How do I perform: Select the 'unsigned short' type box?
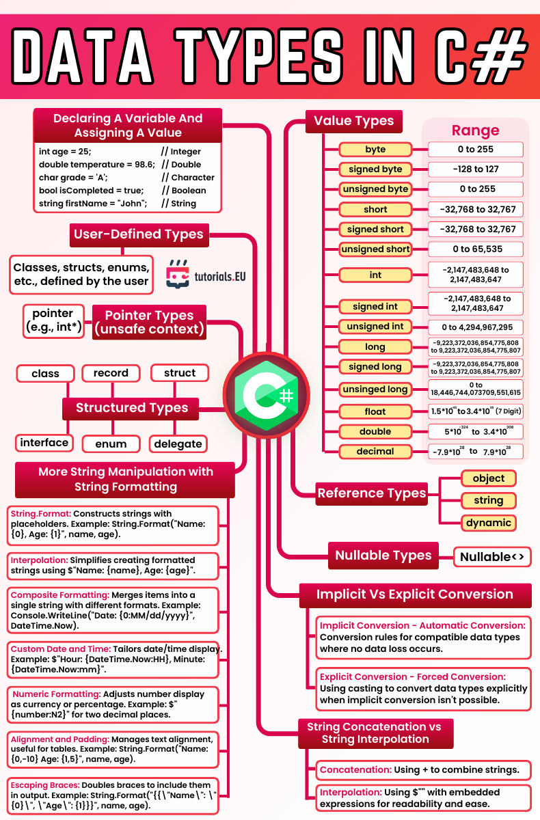point(375,249)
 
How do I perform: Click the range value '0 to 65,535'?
point(476,249)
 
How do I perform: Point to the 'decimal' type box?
point(375,451)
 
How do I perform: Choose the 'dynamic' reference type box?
point(488,523)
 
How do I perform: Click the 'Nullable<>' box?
point(492,557)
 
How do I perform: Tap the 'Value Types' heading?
point(353,121)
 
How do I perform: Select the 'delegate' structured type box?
point(178,444)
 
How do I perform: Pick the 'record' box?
point(111,373)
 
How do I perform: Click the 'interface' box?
point(44,443)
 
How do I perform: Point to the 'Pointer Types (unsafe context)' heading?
point(149,322)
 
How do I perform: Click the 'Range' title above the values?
point(475,131)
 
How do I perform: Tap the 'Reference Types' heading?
point(372,493)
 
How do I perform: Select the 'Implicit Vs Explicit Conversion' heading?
point(415,594)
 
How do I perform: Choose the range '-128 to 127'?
point(476,169)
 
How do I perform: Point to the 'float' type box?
point(375,411)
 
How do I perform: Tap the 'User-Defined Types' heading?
point(139,234)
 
